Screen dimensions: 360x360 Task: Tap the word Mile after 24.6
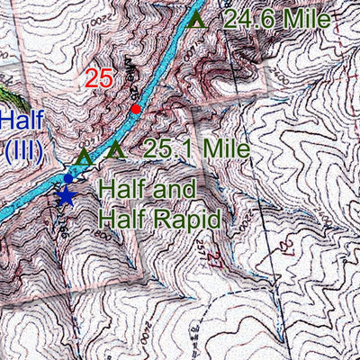coord(307,19)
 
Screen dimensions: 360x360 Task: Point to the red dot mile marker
coord(135,110)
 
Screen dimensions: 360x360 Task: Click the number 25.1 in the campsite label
coord(167,150)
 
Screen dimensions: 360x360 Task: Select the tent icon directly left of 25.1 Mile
coord(114,151)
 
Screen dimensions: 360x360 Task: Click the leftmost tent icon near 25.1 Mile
coord(84,157)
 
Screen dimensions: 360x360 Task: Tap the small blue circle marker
coord(67,178)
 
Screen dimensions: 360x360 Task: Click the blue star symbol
coord(65,197)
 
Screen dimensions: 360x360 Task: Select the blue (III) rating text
coord(22,149)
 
